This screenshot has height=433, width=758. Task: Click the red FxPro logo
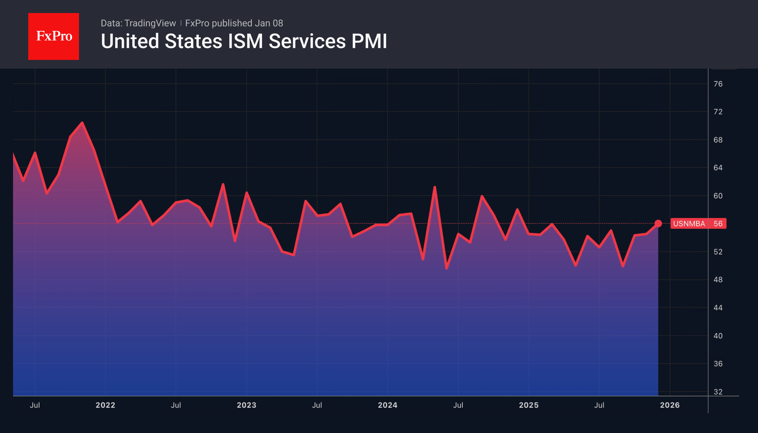coord(54,36)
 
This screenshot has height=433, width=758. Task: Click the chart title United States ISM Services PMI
coord(244,41)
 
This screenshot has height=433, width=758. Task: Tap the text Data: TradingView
coord(138,23)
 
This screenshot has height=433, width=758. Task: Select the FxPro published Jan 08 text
coord(234,23)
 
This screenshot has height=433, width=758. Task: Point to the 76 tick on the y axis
coord(718,84)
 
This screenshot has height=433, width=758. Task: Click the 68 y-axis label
coord(718,140)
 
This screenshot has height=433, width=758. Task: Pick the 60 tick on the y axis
coord(718,196)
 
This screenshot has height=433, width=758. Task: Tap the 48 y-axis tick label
coord(718,280)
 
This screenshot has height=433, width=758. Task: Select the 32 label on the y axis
coord(718,392)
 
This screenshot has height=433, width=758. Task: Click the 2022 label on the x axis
coord(105,405)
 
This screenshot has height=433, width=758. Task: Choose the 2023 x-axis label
coord(246,405)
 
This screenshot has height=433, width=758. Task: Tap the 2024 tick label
coord(388,405)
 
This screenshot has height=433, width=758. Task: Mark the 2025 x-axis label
coord(529,405)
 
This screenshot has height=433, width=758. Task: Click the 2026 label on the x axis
coord(670,405)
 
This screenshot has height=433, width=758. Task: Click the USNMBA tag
coord(689,224)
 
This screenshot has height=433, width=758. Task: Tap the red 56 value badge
coord(718,224)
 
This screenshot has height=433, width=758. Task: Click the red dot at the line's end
coord(658,224)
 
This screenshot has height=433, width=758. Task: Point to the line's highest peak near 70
coord(82,123)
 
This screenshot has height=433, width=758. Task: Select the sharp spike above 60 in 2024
coord(434,187)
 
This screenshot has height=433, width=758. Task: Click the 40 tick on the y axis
coord(718,336)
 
